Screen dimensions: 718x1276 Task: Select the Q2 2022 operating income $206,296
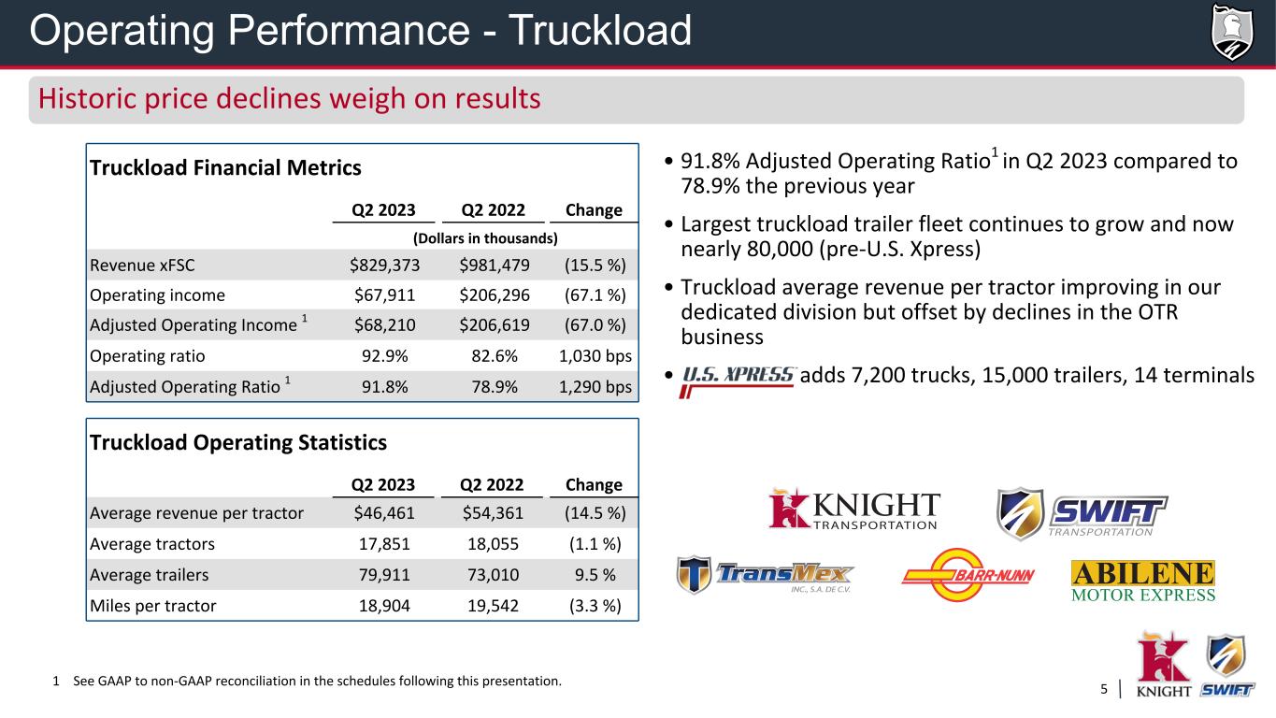[494, 295]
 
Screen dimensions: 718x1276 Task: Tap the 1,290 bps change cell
[595, 386]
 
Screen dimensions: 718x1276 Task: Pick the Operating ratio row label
[147, 356]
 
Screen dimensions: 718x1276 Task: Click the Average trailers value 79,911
[386, 574]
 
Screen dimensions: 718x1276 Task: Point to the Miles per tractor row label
[152, 605]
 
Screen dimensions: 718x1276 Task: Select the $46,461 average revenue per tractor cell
[386, 512]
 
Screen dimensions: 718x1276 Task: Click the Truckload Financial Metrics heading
[224, 168]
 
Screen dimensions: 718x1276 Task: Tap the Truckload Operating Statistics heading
[237, 442]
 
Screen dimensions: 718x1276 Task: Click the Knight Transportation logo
[853, 510]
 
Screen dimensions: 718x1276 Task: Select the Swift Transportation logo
[1081, 512]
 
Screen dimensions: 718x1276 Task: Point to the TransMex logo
[766, 575]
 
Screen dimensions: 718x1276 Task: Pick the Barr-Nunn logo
[968, 574]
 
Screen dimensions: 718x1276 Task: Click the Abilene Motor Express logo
[1142, 581]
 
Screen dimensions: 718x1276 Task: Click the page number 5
[1104, 690]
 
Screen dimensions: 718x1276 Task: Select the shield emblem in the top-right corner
[1231, 31]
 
